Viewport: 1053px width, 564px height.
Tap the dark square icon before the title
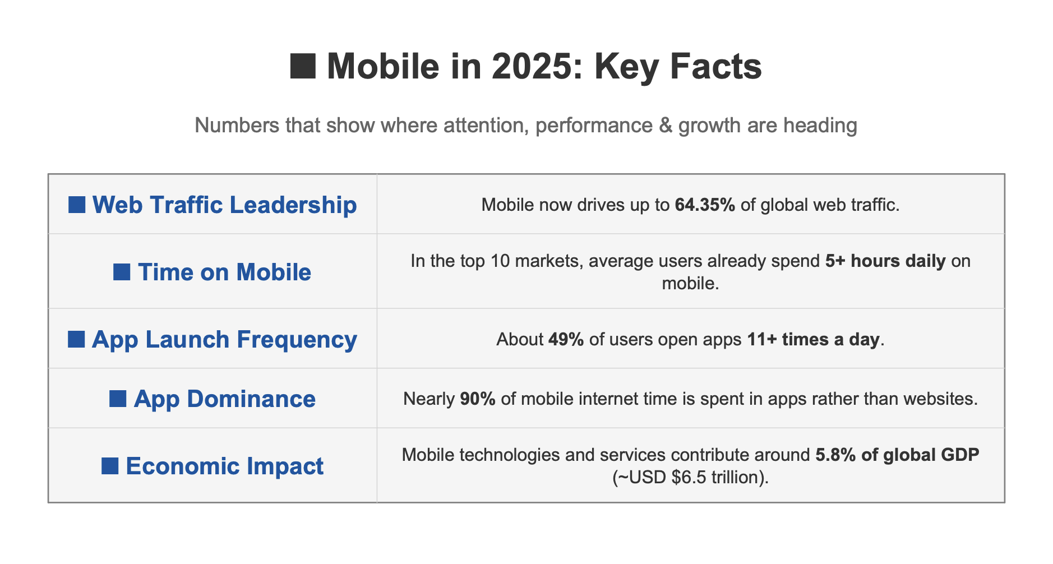coord(303,66)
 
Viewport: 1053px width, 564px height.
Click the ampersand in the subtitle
coord(666,125)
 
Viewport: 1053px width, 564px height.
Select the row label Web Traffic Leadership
coord(224,205)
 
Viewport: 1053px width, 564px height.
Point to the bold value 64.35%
coord(705,205)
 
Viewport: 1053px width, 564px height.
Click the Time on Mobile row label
coord(224,272)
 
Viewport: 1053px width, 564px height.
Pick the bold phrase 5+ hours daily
coord(885,261)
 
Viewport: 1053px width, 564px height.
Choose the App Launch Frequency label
coord(224,339)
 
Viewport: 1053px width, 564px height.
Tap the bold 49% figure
coord(566,339)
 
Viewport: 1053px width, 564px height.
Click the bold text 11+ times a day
coord(813,339)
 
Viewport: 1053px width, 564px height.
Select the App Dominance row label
coord(224,399)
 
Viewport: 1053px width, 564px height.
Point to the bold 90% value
coord(478,399)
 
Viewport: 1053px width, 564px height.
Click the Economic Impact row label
coord(224,466)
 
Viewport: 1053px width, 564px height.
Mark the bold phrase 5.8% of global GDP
coord(897,454)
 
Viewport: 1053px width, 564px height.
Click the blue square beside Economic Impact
coord(110,466)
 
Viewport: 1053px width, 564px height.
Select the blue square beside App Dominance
coord(118,399)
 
